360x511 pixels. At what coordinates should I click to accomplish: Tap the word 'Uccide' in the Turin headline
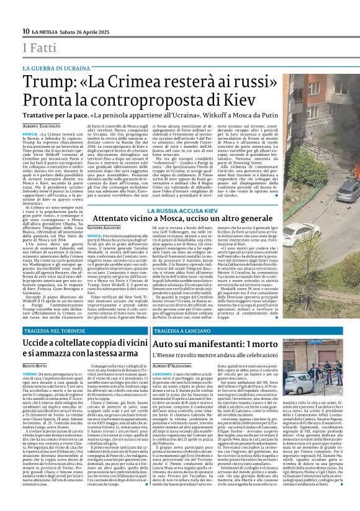[x=38, y=343]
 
